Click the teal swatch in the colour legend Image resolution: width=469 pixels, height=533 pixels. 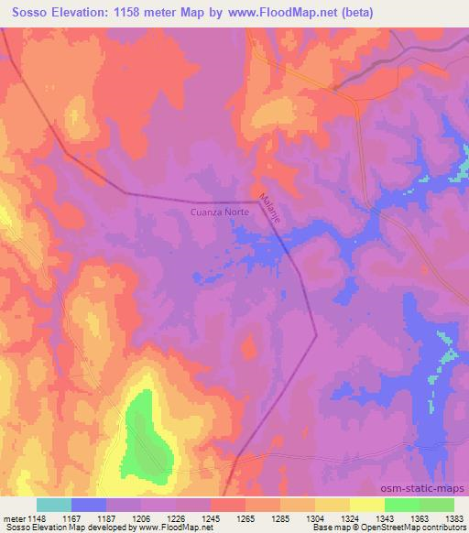pos(53,505)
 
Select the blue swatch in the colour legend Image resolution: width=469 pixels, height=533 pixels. pos(88,505)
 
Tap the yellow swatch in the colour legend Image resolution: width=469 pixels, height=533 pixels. pos(366,505)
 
